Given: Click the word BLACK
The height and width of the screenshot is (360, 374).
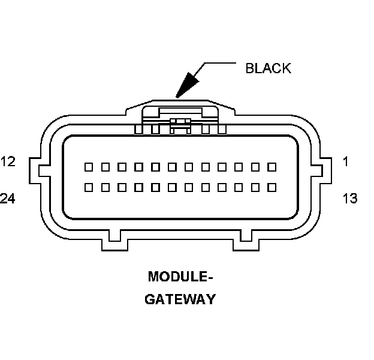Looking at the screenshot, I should pos(268,68).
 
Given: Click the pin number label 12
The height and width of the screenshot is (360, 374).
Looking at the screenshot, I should pos(8,161).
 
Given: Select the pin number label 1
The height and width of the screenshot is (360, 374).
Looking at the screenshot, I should pos(346,161).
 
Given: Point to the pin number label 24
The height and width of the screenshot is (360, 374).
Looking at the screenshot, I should pos(8,199).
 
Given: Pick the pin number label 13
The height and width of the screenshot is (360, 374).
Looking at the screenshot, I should pos(350,199).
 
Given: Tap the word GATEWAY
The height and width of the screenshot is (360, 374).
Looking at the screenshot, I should pos(180,299).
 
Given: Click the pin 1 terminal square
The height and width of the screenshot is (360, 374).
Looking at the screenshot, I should pos(272,166).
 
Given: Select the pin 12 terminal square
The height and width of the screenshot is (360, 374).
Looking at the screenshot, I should pos(88,166).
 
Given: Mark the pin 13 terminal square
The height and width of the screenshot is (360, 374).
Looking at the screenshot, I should pos(272,187).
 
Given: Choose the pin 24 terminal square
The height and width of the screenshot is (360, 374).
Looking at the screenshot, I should pos(88,187).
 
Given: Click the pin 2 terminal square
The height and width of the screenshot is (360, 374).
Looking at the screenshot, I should pos(255,166).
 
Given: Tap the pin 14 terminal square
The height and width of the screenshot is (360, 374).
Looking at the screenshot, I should pos(255,187).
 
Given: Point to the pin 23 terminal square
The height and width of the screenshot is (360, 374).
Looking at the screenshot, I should pos(105,187).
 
